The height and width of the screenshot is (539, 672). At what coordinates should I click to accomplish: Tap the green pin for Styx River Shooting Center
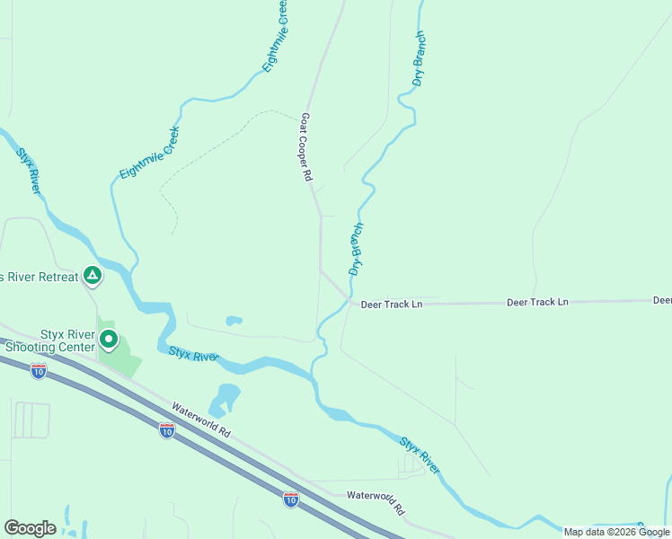[109, 339]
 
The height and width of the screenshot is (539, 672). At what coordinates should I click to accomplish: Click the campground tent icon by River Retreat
[92, 274]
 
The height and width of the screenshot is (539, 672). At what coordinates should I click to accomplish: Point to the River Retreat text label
[40, 277]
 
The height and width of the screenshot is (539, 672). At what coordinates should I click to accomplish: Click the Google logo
[30, 528]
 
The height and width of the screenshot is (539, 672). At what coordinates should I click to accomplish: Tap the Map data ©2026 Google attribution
[616, 532]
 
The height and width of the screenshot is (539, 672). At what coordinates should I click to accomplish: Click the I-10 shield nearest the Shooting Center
[38, 369]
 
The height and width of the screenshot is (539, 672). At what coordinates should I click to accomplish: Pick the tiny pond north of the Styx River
[234, 320]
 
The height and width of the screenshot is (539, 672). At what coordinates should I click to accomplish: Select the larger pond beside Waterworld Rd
[226, 397]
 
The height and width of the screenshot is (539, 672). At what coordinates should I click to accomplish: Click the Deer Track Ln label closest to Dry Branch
[392, 305]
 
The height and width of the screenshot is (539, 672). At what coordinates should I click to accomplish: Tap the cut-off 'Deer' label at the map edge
[662, 300]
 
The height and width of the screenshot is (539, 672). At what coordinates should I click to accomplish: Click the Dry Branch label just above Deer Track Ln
[356, 249]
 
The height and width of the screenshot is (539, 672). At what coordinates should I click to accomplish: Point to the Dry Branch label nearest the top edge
[418, 59]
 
